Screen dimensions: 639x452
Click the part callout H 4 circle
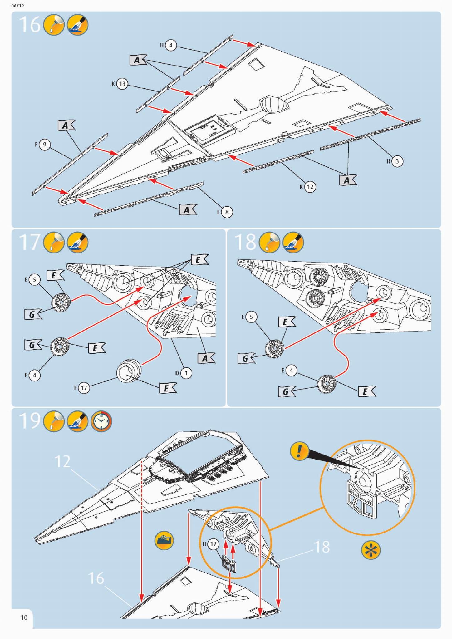click(x=171, y=45)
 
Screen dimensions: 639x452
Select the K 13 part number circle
click(x=122, y=84)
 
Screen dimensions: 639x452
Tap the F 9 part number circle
click(x=45, y=145)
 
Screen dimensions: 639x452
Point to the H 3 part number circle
click(x=397, y=161)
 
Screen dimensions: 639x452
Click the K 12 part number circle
click(x=310, y=187)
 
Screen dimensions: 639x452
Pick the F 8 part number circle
click(x=227, y=212)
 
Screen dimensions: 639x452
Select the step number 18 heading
click(x=245, y=242)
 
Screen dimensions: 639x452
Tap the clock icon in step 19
click(x=101, y=421)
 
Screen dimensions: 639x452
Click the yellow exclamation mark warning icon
click(x=299, y=451)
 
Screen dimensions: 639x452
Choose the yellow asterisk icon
click(x=371, y=550)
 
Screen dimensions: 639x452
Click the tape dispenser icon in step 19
click(x=164, y=540)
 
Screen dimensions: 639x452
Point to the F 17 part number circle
click(x=84, y=388)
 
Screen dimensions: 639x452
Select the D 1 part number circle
click(x=186, y=373)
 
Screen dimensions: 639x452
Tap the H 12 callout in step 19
click(x=213, y=544)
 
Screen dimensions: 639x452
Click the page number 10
click(x=24, y=617)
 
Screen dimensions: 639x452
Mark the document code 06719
click(x=17, y=6)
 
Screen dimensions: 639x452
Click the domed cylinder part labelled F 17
click(x=129, y=371)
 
